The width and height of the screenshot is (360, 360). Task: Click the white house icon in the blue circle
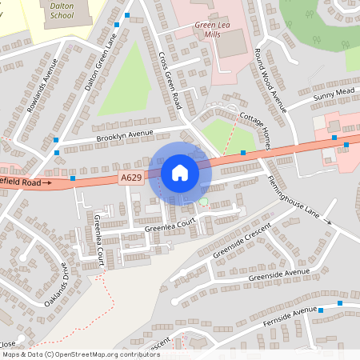pos(180,173)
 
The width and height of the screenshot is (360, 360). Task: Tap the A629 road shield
pos(132,177)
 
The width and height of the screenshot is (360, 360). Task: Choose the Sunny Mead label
pos(333,96)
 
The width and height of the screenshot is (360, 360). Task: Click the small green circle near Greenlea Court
pos(204,202)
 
